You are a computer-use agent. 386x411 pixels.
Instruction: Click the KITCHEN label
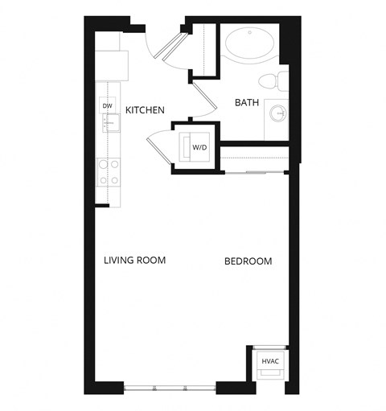click(146, 109)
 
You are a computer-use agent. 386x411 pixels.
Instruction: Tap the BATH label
click(245, 103)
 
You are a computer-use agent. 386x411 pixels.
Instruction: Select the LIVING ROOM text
click(134, 261)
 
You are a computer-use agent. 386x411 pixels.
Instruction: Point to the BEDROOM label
click(248, 261)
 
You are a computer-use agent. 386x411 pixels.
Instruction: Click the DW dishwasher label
click(107, 106)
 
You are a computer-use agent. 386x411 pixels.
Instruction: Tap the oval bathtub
click(249, 46)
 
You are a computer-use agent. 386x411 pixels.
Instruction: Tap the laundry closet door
click(161, 150)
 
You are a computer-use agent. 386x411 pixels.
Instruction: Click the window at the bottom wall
click(171, 388)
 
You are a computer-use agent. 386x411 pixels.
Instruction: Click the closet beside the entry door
click(204, 51)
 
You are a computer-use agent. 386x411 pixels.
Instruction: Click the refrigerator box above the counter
click(112, 64)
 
